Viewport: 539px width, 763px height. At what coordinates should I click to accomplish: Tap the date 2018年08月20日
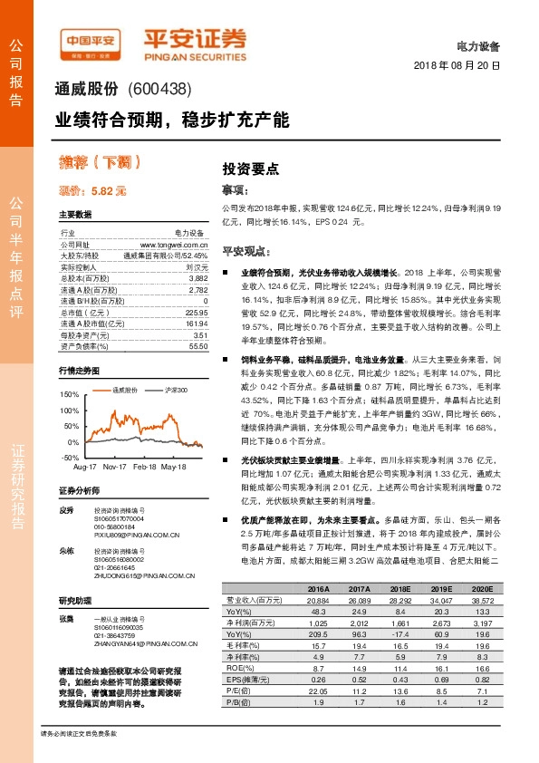pyautogui.click(x=456, y=66)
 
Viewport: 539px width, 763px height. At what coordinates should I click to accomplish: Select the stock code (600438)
pyautogui.click(x=159, y=90)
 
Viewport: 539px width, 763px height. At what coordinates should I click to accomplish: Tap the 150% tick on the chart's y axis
pyautogui.click(x=68, y=395)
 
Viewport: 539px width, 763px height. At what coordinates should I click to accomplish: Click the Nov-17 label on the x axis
pyautogui.click(x=113, y=466)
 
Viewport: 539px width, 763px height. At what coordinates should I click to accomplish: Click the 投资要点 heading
pyautogui.click(x=250, y=169)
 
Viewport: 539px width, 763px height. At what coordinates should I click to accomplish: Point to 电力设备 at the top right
pyautogui.click(x=477, y=44)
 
